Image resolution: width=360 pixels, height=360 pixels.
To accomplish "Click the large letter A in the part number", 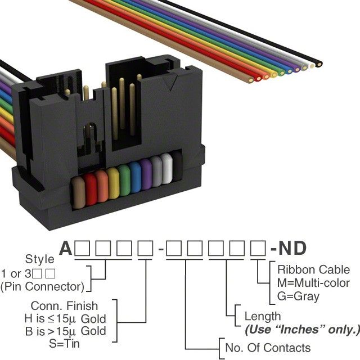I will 67,247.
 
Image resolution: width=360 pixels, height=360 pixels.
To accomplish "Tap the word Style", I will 40,259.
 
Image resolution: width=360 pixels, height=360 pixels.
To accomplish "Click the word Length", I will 262,316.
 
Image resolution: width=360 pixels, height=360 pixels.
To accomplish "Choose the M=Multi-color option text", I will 313,282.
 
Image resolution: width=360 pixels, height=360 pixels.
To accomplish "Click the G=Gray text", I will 298,296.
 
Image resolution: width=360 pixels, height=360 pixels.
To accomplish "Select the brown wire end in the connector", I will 79,190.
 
